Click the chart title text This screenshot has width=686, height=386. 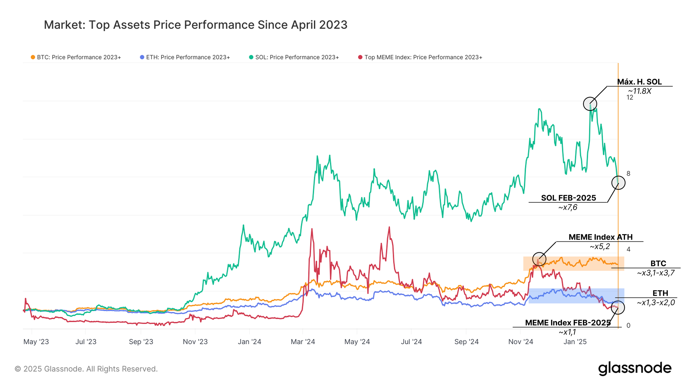[x=196, y=25]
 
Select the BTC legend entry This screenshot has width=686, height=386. [x=76, y=57]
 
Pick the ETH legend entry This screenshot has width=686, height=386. [x=185, y=57]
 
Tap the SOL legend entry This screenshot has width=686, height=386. [x=294, y=57]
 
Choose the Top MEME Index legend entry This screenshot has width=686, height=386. [x=420, y=57]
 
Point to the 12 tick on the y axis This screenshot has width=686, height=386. [x=630, y=97]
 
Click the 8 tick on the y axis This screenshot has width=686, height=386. [x=628, y=173]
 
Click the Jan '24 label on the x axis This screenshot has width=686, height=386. [x=249, y=342]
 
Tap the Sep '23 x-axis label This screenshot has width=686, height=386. [x=141, y=342]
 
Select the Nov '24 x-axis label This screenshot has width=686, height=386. [x=521, y=342]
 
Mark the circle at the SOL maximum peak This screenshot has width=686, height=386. [x=590, y=104]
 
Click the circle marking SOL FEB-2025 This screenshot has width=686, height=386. [x=618, y=183]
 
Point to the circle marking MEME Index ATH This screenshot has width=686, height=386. [x=539, y=259]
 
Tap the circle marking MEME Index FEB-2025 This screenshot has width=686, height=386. [x=618, y=307]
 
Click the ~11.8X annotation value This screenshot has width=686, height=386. [x=640, y=91]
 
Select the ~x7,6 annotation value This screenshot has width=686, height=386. [x=568, y=207]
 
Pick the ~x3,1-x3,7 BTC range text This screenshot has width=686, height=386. [x=656, y=273]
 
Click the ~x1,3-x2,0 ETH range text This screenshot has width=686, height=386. [x=656, y=303]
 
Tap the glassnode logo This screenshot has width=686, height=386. [x=635, y=368]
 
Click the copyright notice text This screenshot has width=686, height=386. [x=86, y=369]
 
